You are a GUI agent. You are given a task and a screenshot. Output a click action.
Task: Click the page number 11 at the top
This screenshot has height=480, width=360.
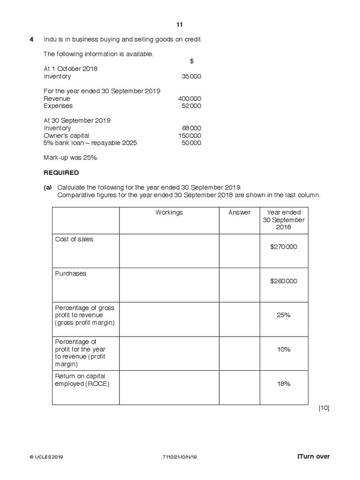(180, 25)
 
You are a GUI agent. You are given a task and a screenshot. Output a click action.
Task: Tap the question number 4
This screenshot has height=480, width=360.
(32, 39)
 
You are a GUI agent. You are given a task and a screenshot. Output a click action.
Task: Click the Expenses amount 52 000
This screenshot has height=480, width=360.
(191, 106)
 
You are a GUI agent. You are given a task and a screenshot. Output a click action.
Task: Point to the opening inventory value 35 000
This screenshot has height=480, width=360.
(191, 76)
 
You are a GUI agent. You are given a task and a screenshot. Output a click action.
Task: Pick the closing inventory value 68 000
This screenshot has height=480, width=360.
(191, 128)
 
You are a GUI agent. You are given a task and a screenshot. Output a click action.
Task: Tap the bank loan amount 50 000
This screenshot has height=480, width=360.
(191, 143)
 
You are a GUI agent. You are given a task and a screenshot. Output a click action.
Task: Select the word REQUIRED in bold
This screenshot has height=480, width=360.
(61, 172)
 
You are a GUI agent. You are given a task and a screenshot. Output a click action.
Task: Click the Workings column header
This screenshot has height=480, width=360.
(169, 212)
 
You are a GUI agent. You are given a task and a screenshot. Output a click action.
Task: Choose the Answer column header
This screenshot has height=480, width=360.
(240, 212)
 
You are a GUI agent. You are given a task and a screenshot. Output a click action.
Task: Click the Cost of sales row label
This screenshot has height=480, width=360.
(74, 239)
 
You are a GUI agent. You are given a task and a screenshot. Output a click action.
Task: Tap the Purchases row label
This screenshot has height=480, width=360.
(71, 273)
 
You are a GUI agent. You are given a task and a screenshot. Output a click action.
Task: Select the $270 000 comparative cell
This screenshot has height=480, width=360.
(284, 247)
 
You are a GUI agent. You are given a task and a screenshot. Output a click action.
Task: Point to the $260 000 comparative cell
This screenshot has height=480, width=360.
(284, 281)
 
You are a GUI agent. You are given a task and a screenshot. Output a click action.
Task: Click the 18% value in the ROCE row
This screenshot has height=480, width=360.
(284, 383)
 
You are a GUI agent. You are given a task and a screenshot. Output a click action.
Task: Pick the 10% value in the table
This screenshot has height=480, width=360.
(284, 349)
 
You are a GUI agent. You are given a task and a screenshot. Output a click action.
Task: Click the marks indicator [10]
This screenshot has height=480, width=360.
(324, 408)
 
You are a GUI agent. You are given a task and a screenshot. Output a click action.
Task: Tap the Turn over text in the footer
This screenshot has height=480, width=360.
(314, 457)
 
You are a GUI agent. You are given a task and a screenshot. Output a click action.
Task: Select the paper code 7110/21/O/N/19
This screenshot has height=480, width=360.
(180, 457)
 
